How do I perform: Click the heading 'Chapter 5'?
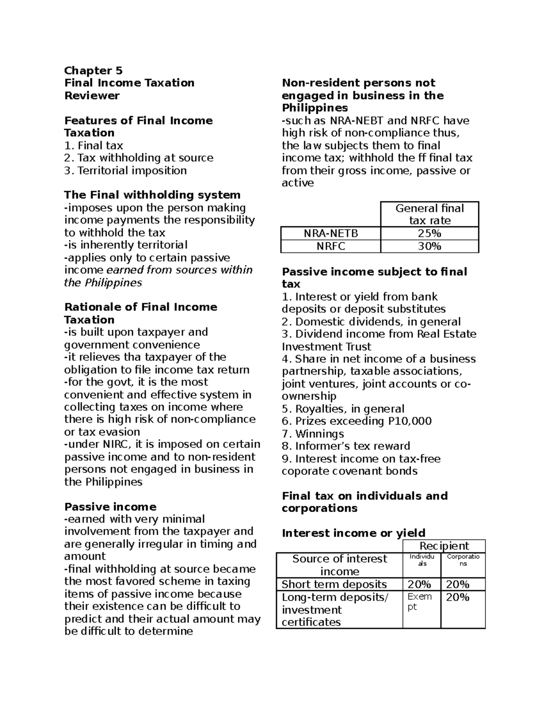point(93,70)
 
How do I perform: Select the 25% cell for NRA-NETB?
point(429,234)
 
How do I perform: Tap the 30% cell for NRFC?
point(429,246)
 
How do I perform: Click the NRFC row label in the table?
point(330,246)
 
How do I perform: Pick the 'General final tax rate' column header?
point(429,214)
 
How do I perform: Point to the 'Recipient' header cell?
point(444,546)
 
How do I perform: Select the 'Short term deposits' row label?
point(334,584)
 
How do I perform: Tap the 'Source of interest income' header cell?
point(340,565)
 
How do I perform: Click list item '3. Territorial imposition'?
point(126,171)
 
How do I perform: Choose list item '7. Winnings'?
point(313,434)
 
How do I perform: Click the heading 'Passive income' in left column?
point(110,507)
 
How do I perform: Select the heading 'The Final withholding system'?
point(152,195)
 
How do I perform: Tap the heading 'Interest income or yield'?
point(354,533)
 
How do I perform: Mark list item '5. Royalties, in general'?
point(343,409)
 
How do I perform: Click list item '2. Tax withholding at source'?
point(139,158)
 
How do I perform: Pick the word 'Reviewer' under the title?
point(92,95)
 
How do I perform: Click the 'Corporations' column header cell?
point(463,560)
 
